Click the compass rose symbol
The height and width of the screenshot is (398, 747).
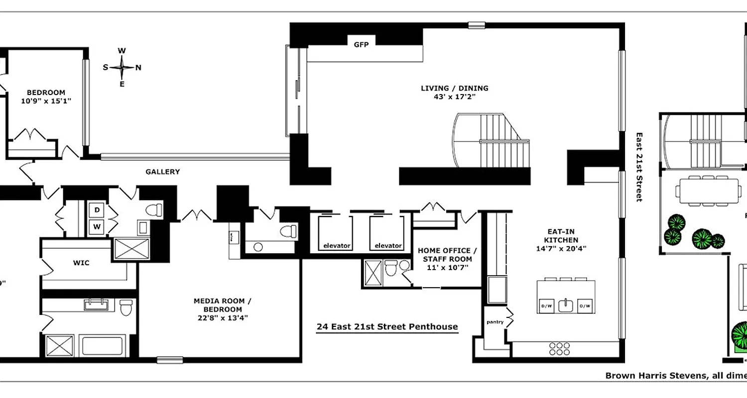tap(122, 67)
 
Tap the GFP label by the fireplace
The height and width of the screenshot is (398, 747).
tap(361, 45)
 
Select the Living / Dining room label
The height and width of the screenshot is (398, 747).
tap(454, 93)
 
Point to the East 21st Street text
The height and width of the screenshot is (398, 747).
tap(639, 167)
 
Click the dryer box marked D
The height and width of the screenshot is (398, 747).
tap(97, 210)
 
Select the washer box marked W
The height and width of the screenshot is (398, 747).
tap(97, 228)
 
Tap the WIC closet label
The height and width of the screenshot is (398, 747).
tap(81, 263)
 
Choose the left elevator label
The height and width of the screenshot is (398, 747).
tap(337, 246)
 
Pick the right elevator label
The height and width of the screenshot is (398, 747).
tap(388, 246)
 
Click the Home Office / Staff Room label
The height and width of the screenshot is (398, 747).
tap(447, 259)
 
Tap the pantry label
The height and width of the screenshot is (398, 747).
tap(495, 322)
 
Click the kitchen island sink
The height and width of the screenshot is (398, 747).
tap(565, 305)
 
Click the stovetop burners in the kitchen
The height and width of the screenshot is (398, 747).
tap(559, 347)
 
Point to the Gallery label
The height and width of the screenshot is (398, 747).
tap(162, 172)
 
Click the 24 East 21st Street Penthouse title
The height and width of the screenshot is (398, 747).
tap(387, 327)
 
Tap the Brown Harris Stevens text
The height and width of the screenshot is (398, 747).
tap(655, 376)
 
